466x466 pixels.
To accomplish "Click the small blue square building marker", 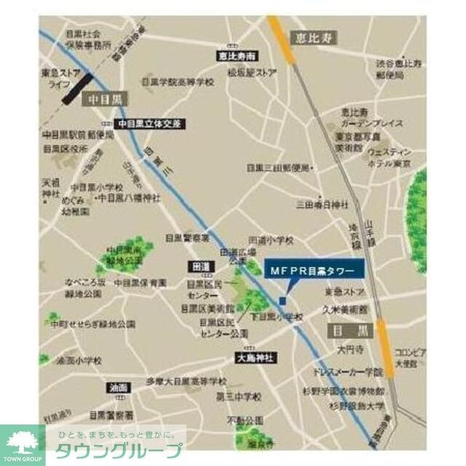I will (283, 301).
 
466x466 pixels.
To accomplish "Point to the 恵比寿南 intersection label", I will (237, 55).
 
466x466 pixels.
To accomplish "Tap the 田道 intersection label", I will (200, 266).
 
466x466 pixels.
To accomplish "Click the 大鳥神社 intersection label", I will (253, 358).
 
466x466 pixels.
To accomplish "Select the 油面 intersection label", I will (117, 387).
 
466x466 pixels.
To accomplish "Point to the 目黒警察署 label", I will (187, 238).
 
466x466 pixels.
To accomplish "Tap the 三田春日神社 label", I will (322, 205).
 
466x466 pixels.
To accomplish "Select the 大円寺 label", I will (347, 351).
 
